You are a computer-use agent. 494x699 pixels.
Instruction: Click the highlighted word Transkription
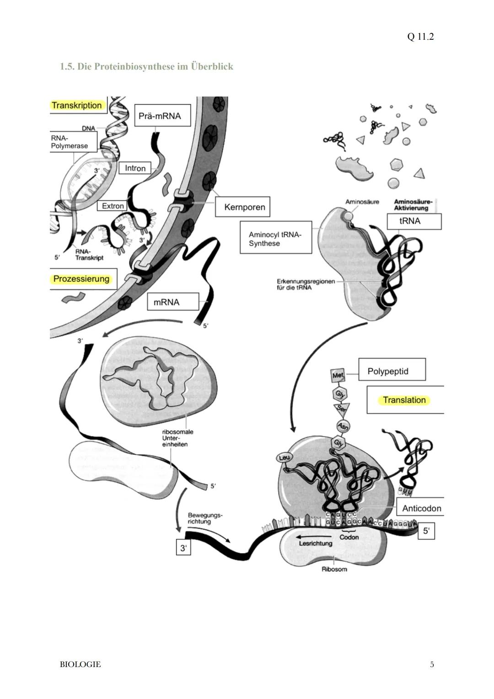(x=76, y=105)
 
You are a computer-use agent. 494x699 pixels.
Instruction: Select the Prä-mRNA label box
(x=160, y=116)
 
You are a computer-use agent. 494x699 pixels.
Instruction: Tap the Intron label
(x=135, y=168)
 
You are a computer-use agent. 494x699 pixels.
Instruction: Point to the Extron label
(x=113, y=206)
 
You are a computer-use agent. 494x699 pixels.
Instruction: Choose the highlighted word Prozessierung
(x=81, y=279)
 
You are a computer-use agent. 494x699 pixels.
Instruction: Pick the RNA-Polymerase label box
(x=73, y=142)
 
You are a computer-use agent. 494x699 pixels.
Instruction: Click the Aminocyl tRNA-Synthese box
(x=275, y=238)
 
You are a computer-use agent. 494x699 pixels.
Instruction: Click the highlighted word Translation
(x=404, y=400)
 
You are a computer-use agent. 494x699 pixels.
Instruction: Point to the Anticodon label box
(x=421, y=508)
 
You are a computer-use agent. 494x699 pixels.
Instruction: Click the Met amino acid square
(x=338, y=375)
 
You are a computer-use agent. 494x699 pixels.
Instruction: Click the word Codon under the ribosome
(x=349, y=537)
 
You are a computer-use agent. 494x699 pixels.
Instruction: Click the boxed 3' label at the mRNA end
(x=183, y=548)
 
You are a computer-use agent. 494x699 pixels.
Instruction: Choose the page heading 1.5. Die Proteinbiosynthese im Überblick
(x=146, y=67)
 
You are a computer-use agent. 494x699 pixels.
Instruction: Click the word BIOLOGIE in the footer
(x=80, y=664)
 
